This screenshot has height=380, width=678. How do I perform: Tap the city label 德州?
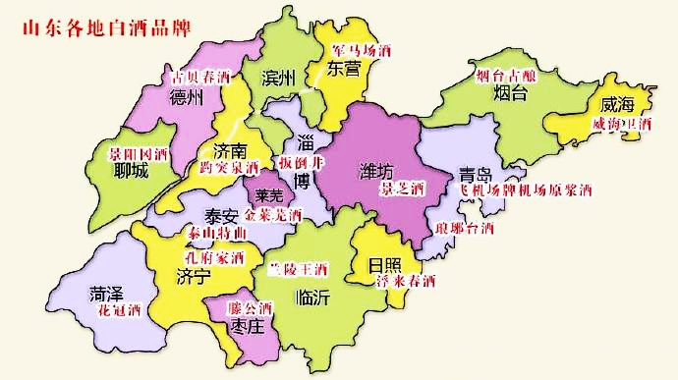pyautogui.click(x=186, y=97)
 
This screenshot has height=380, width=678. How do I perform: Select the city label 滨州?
pyautogui.click(x=279, y=79)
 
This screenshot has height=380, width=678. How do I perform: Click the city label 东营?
pyautogui.click(x=344, y=67)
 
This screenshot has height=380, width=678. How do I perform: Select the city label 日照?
pyautogui.click(x=385, y=265)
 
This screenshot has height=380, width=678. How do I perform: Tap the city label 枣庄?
pyautogui.click(x=242, y=326)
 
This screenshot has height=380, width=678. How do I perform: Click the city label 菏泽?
pyautogui.click(x=107, y=293)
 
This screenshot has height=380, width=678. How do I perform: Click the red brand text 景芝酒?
pyautogui.click(x=401, y=187)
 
